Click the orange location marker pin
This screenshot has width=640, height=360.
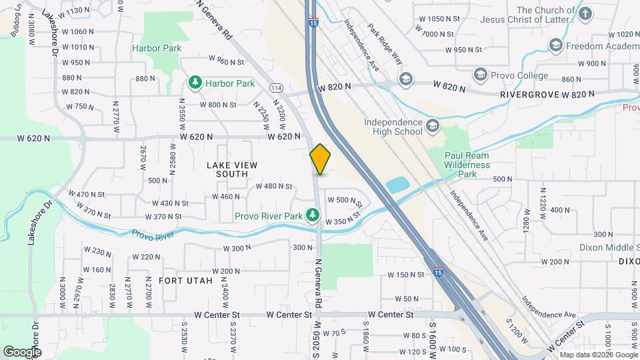click(x=321, y=159)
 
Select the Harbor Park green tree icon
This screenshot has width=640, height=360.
click(x=195, y=83)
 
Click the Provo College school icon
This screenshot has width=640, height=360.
click(x=479, y=75)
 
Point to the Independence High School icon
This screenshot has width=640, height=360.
click(x=433, y=126)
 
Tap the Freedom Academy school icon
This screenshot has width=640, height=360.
click(x=555, y=45)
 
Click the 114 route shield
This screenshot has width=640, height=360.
click(x=276, y=88)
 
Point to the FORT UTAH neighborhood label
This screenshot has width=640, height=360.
click(x=185, y=281)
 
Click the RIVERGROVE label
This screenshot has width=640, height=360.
click(x=530, y=95)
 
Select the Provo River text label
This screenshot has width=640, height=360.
click(x=153, y=235)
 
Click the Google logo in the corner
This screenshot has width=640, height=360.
click(x=22, y=351)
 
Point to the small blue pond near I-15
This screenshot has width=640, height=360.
click(x=398, y=184)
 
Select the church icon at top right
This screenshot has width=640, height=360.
click(x=585, y=13)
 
